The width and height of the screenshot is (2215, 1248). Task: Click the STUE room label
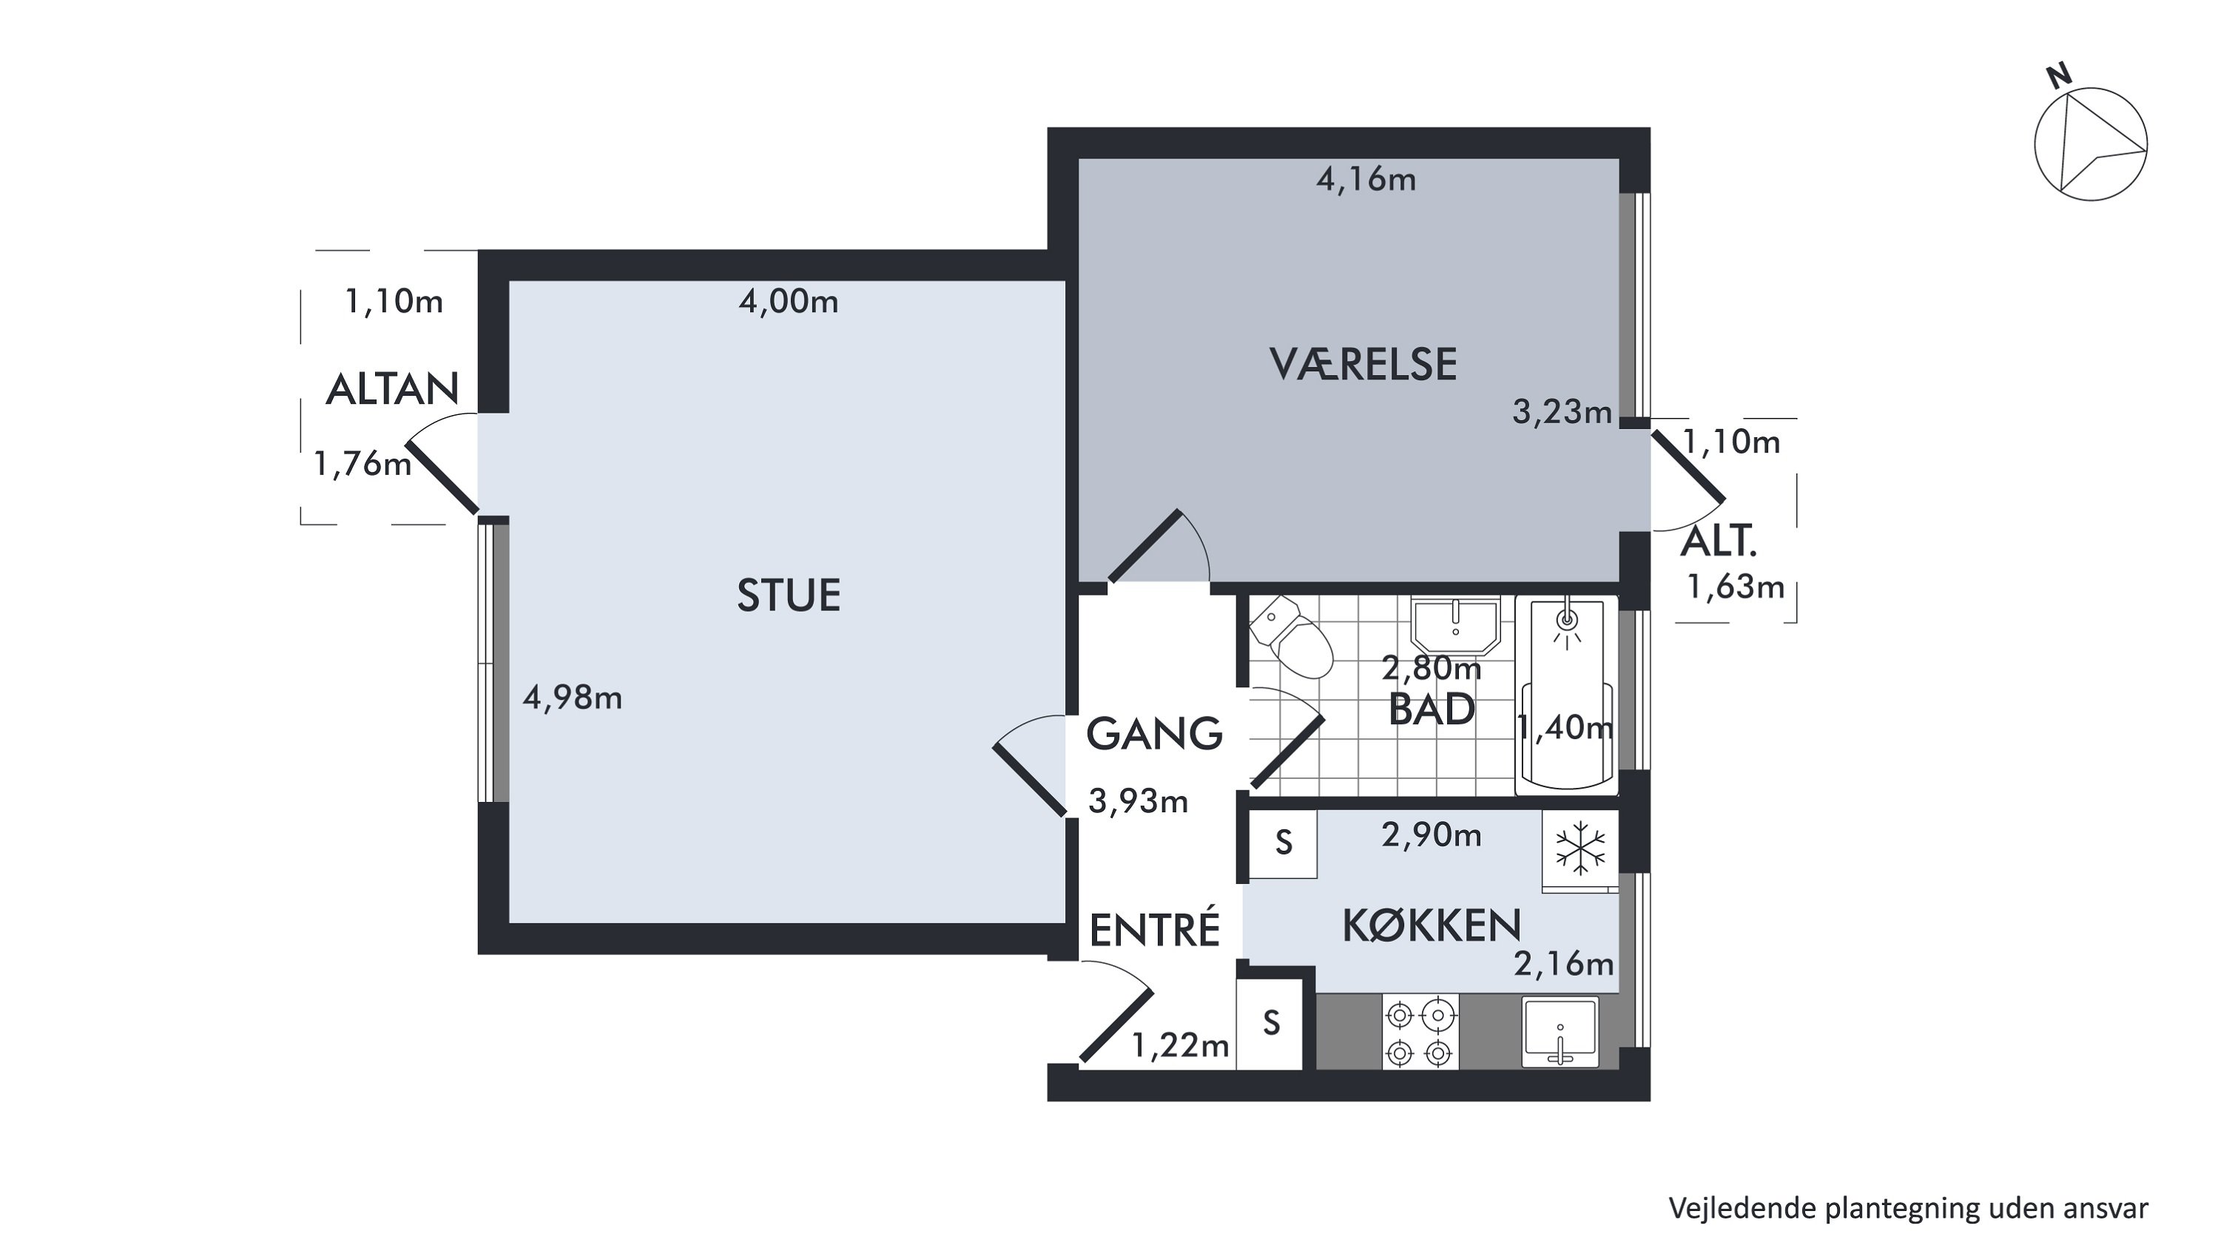(x=789, y=596)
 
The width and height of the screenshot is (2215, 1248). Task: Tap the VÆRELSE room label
(x=1363, y=364)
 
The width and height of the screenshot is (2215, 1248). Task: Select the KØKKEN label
(x=1432, y=925)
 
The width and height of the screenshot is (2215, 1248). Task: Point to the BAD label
(x=1432, y=709)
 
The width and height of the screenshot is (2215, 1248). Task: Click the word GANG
(x=1154, y=734)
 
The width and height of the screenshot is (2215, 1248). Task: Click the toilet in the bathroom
(x=1291, y=638)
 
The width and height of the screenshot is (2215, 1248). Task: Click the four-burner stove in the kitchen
(x=1420, y=1032)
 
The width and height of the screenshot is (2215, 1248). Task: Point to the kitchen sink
(x=1560, y=1032)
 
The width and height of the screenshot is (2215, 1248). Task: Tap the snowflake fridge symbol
(x=1580, y=848)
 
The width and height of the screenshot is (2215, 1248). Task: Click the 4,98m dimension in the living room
(x=573, y=698)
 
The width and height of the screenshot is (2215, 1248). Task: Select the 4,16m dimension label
(x=1366, y=180)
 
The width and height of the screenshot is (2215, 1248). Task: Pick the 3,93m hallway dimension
(x=1139, y=802)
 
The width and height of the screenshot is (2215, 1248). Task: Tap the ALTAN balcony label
(x=392, y=390)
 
